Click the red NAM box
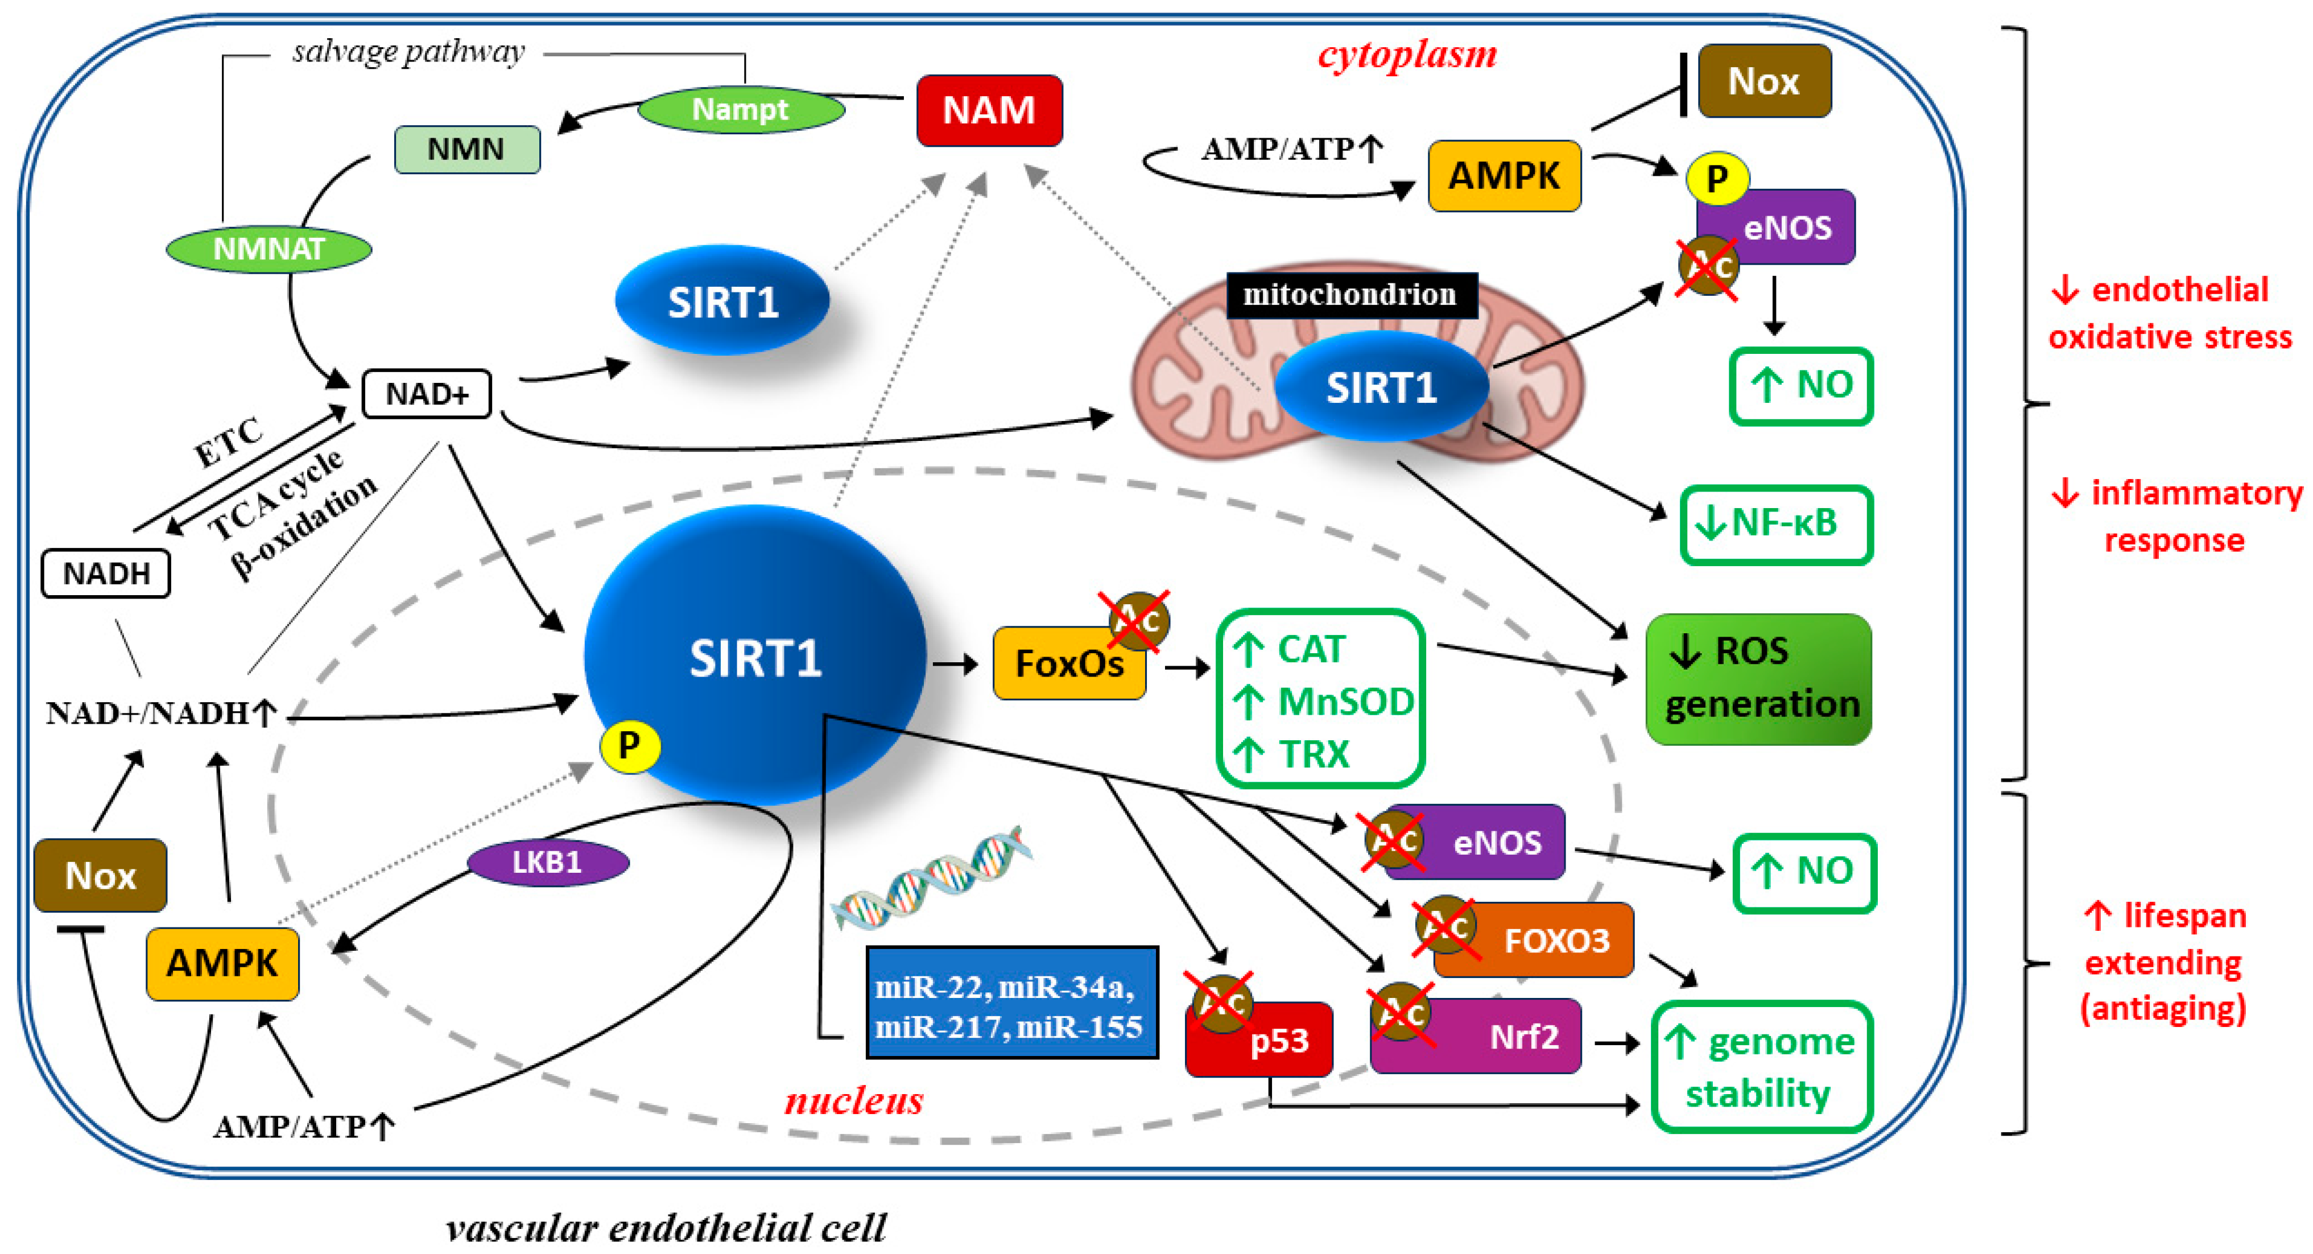pos(989,110)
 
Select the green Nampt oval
pos(741,110)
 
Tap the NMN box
pos(467,149)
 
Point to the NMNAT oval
pos(269,249)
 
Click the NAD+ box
pos(427,394)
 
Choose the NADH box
pos(106,573)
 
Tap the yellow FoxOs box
pos(1068,665)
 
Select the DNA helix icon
pos(930,876)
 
